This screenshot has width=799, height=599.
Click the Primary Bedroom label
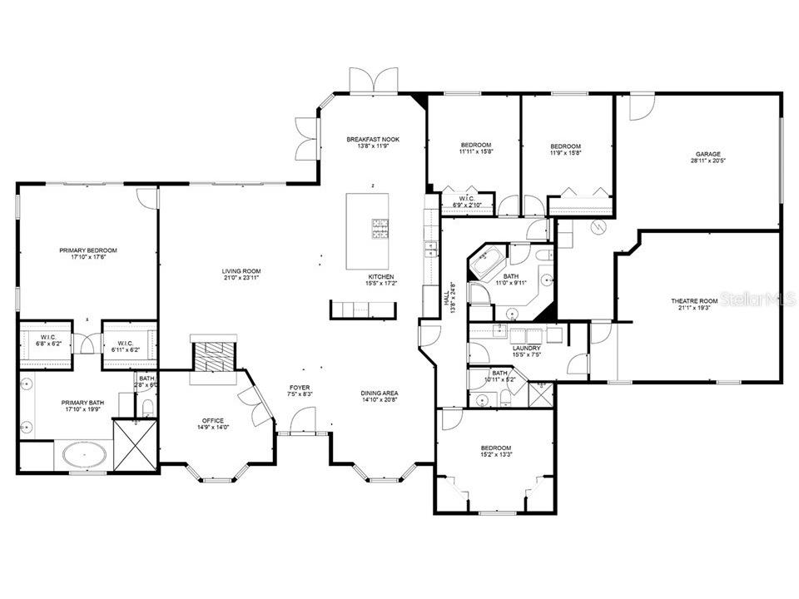tap(87, 250)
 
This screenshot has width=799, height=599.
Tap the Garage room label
tap(708, 154)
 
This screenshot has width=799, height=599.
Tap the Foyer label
tap(300, 388)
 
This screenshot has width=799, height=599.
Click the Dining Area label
tap(379, 394)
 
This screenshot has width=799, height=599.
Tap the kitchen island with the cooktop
tap(371, 218)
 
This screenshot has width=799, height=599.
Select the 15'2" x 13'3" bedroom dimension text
tap(495, 455)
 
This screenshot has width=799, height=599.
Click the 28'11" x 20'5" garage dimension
tap(708, 161)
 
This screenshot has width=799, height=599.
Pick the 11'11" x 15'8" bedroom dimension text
tap(475, 151)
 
